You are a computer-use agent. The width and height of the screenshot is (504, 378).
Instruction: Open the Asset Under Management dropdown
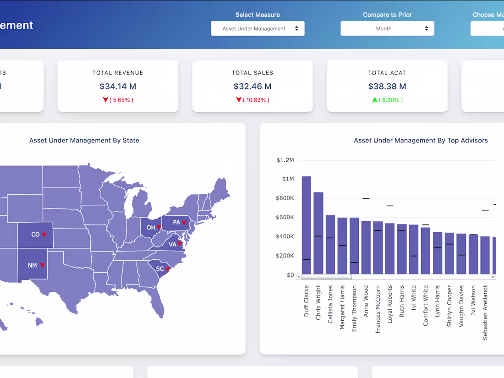[257, 28]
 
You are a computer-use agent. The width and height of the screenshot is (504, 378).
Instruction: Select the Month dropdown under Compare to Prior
[387, 28]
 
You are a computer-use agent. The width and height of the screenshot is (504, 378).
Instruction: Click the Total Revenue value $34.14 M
[118, 86]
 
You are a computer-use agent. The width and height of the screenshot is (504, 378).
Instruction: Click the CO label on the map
[35, 235]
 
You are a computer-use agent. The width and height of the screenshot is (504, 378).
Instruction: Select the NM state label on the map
[32, 265]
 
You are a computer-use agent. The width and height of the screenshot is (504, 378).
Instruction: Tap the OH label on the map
[151, 227]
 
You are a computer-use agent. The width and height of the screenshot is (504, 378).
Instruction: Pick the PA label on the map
[176, 223]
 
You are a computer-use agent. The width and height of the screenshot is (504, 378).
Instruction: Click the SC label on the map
[159, 269]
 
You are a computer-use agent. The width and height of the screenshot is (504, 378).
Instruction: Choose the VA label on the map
[173, 244]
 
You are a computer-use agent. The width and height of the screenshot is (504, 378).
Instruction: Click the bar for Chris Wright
[318, 233]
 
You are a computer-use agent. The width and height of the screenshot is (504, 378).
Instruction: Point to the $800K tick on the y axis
[285, 198]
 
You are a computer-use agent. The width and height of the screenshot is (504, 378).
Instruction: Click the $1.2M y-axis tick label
[285, 160]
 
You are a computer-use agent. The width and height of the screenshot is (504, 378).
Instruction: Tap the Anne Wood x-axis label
[366, 300]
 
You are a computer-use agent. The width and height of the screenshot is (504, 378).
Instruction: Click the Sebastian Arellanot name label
[485, 312]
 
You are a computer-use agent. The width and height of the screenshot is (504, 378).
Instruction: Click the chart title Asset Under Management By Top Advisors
[421, 141]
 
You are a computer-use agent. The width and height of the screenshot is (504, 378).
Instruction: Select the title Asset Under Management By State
[84, 141]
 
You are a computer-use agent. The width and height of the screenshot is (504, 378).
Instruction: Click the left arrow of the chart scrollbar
[299, 277]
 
